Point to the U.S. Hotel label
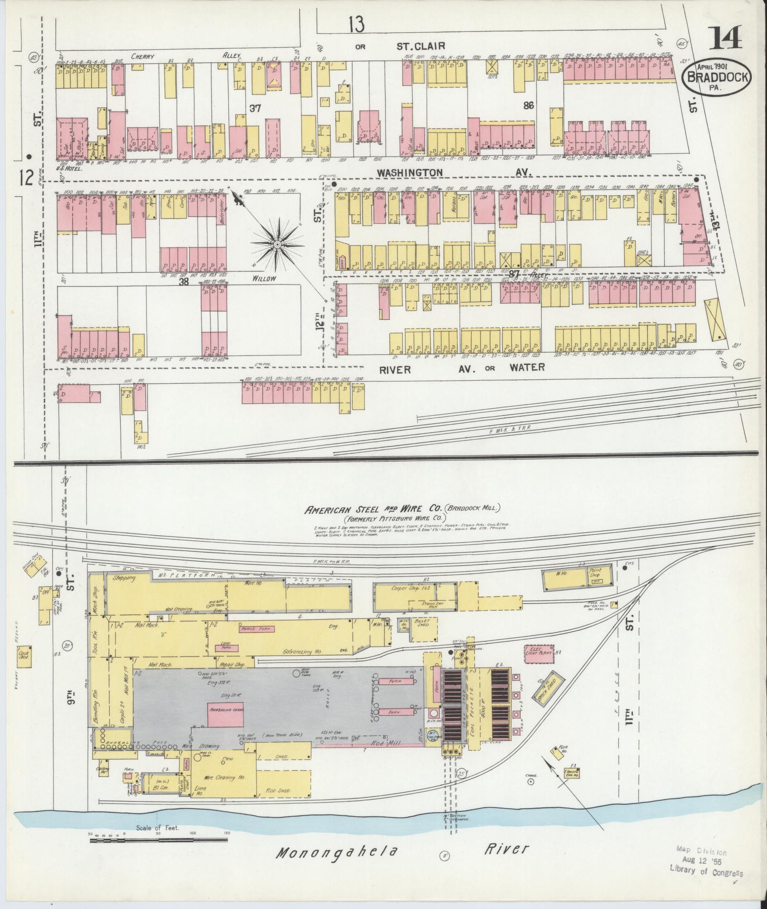(x=69, y=168)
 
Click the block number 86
(x=528, y=106)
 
